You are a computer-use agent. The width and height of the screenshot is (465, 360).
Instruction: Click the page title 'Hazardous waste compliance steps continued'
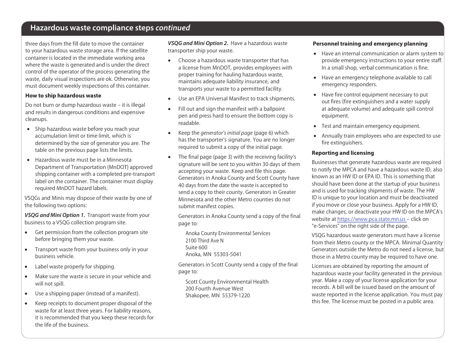pyautogui.click(x=110, y=28)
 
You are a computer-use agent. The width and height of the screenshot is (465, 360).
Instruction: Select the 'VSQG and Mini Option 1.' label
pyautogui.click(x=55, y=215)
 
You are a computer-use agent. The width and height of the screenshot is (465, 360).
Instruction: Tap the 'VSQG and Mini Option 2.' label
pyautogui.click(x=198, y=43)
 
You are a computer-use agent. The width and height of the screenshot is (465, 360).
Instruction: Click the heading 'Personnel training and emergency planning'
pyautogui.click(x=370, y=44)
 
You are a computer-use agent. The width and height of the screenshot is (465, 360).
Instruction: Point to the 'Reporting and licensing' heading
pyautogui.click(x=343, y=153)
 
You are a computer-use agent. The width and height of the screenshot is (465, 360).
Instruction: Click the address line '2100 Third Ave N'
pyautogui.click(x=204, y=240)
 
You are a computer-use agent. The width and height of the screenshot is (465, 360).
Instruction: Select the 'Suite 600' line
pyautogui.click(x=196, y=247)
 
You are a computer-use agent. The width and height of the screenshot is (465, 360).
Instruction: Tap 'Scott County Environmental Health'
pyautogui.click(x=227, y=282)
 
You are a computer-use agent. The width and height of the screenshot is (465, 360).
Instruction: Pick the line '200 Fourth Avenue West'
pyautogui.click(x=214, y=288)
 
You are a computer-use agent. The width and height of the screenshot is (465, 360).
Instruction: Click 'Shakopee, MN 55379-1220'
pyautogui.click(x=217, y=295)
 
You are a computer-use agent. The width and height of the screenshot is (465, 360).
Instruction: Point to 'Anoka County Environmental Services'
pyautogui.click(x=228, y=233)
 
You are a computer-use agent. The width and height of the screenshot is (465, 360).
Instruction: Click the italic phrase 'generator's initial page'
pyautogui.click(x=226, y=133)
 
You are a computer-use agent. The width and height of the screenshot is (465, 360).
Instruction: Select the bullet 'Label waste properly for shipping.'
pyautogui.click(x=75, y=266)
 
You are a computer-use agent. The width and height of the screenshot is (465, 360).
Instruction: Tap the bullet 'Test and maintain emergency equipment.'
pyautogui.click(x=371, y=126)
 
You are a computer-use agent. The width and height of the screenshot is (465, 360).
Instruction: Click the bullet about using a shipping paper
pyautogui.click(x=87, y=293)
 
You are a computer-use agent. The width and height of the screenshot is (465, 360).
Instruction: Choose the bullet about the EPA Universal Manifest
pyautogui.click(x=236, y=98)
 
